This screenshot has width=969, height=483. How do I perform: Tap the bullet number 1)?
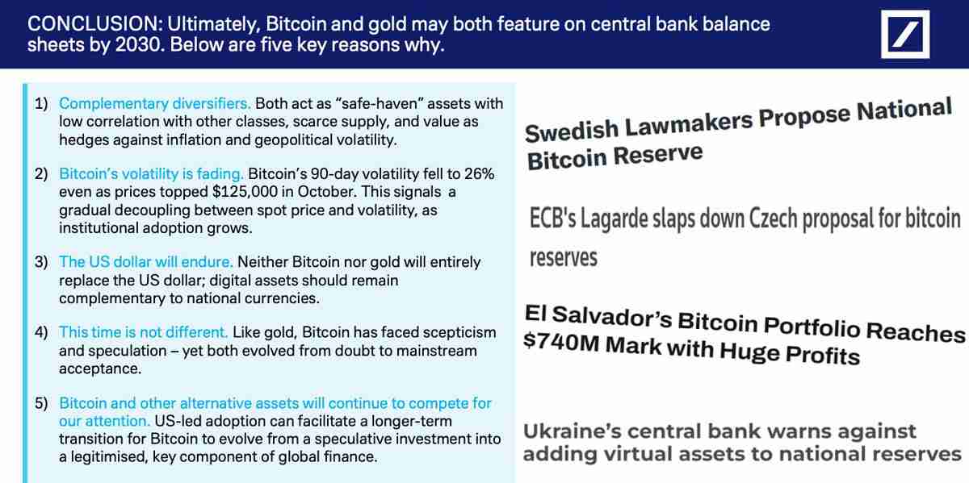tap(41, 103)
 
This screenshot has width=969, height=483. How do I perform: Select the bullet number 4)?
tap(41, 332)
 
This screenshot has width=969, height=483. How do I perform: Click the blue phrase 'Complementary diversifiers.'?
tap(155, 103)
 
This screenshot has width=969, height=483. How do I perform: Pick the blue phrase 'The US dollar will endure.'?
tap(146, 262)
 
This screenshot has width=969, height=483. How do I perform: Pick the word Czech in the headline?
tap(778, 219)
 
